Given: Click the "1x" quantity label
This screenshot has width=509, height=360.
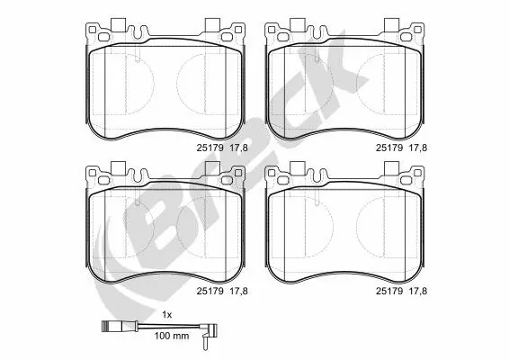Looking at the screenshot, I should coord(166,313).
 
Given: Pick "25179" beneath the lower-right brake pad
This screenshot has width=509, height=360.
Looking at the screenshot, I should coord(388,291).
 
